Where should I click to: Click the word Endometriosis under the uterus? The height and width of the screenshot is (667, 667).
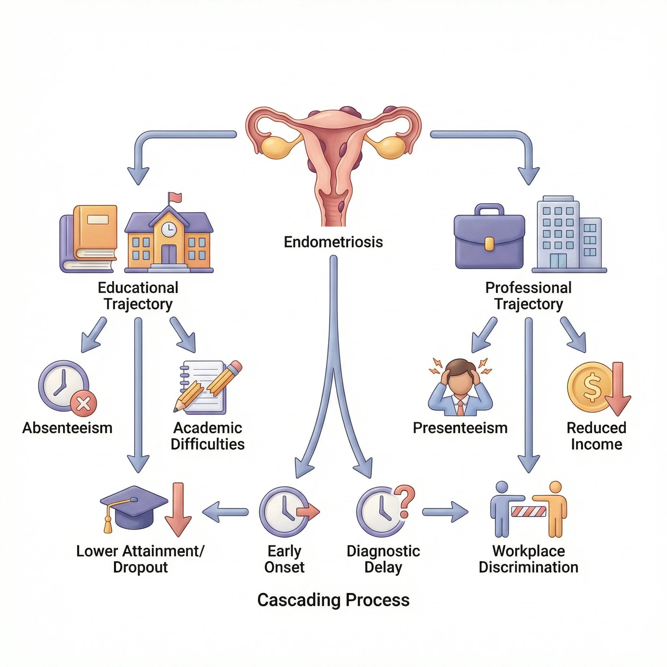pyautogui.click(x=333, y=242)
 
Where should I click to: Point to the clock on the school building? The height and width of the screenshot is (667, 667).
pyautogui.click(x=169, y=228)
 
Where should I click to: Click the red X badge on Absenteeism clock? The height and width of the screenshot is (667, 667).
pyautogui.click(x=84, y=403)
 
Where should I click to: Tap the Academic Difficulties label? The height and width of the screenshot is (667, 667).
pyautogui.click(x=207, y=436)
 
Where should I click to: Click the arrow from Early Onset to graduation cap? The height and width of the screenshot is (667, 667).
pyautogui.click(x=225, y=512)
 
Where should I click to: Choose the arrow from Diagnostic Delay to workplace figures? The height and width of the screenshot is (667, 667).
pyautogui.click(x=445, y=512)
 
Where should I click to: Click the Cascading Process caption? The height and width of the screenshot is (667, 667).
pyautogui.click(x=333, y=600)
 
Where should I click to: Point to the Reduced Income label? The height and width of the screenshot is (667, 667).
pyautogui.click(x=596, y=436)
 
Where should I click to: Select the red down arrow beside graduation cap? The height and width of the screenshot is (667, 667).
pyautogui.click(x=178, y=510)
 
